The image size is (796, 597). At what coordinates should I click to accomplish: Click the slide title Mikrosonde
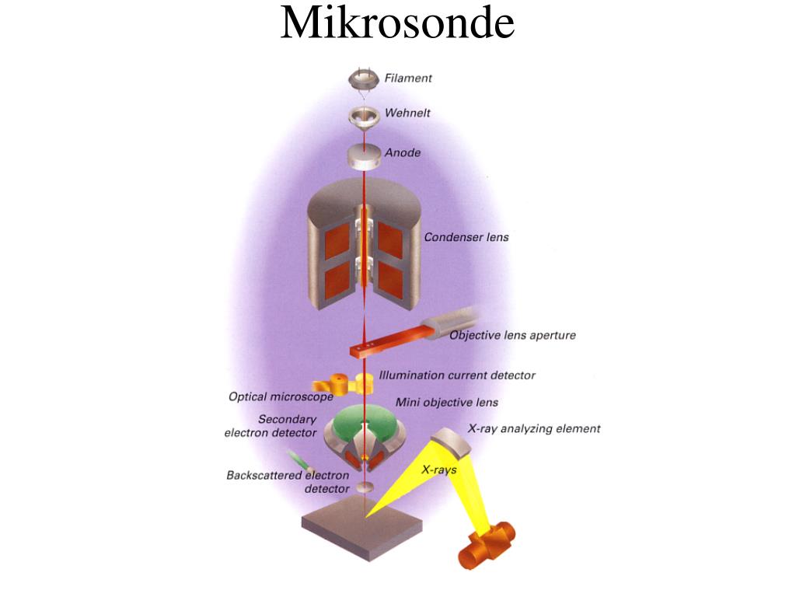pyautogui.click(x=397, y=23)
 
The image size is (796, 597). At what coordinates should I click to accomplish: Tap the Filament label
pyautogui.click(x=408, y=78)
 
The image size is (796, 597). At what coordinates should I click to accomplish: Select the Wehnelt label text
pyautogui.click(x=407, y=113)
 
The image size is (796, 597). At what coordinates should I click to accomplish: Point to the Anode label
pyautogui.click(x=403, y=152)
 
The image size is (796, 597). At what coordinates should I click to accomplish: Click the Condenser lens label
pyautogui.click(x=466, y=236)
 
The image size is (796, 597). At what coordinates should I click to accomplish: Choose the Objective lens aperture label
pyautogui.click(x=512, y=335)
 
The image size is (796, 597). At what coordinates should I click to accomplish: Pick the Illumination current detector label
pyautogui.click(x=457, y=375)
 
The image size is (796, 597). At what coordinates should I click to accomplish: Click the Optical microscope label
pyautogui.click(x=281, y=396)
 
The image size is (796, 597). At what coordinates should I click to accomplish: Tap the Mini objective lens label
pyautogui.click(x=446, y=402)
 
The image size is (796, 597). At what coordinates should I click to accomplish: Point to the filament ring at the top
pyautogui.click(x=364, y=78)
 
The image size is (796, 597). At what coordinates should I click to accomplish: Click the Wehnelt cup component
pyautogui.click(x=364, y=115)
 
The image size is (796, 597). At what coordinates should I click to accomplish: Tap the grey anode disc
pyautogui.click(x=364, y=154)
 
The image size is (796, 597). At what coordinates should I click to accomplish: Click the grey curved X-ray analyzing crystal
pyautogui.click(x=452, y=441)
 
